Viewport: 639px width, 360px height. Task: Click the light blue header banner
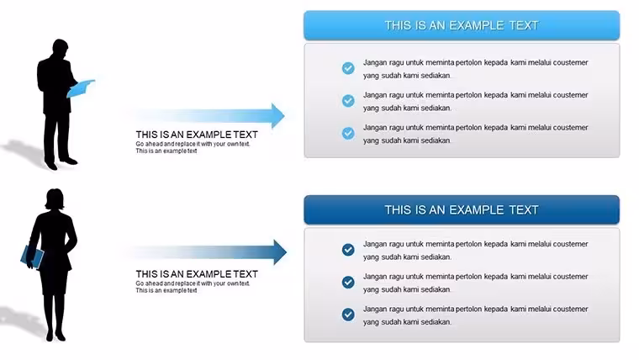[x=462, y=25]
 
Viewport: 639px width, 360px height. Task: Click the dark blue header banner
[x=462, y=209]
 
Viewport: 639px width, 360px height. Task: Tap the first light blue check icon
[x=348, y=68]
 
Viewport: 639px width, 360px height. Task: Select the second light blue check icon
[x=348, y=101]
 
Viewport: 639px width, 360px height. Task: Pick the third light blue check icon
[x=348, y=133]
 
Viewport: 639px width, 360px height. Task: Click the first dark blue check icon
[x=348, y=250]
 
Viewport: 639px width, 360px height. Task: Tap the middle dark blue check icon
[x=348, y=282]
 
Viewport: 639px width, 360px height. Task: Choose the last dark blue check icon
[x=348, y=315]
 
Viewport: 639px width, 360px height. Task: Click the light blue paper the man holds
[x=80, y=88]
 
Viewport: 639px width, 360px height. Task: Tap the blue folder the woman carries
[x=32, y=257]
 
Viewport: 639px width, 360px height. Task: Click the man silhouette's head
[x=61, y=47]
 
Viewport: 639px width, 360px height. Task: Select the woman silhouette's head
[x=55, y=199]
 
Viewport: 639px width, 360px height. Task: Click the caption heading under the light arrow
[x=197, y=135]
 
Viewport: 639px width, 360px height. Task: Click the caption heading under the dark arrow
[x=197, y=274]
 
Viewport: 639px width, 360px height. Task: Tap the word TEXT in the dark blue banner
[x=524, y=209]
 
